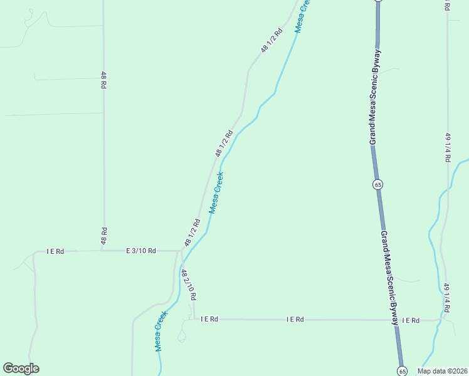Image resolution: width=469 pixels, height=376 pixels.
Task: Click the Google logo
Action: pos(21,368)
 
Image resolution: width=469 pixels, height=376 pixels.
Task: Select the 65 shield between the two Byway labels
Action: pos(377,184)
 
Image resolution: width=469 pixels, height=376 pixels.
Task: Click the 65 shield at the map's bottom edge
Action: pos(401,371)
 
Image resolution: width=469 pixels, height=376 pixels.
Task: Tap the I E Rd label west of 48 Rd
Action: pos(55,251)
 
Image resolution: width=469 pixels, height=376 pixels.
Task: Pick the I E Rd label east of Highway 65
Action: pos(411,320)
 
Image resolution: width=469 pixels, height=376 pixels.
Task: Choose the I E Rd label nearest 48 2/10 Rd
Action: pos(209,319)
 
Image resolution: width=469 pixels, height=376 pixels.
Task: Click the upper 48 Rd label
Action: pos(103,80)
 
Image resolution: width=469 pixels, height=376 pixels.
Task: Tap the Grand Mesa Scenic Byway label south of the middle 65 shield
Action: pos(389,278)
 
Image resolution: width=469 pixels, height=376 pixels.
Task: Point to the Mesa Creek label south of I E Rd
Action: pos(161,330)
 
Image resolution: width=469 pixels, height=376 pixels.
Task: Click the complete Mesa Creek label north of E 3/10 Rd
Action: pos(216,192)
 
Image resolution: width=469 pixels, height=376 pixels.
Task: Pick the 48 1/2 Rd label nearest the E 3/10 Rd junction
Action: pos(192,232)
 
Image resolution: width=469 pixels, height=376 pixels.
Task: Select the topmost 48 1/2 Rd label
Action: pos(273,39)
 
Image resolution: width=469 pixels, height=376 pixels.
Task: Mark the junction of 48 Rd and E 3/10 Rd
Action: pos(103,251)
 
